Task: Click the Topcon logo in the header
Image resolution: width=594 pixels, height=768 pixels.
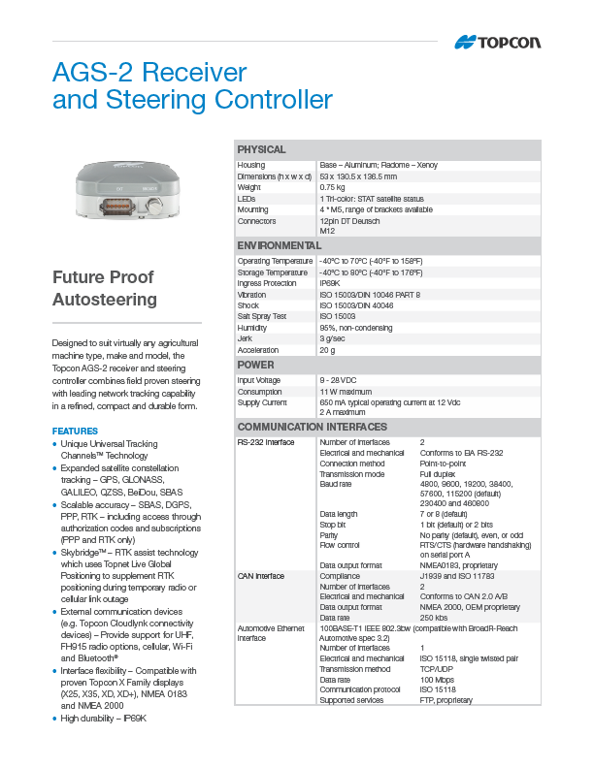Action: click(x=498, y=42)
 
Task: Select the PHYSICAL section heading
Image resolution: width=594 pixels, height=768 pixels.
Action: click(x=262, y=150)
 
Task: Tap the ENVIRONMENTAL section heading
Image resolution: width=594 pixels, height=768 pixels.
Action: click(x=280, y=245)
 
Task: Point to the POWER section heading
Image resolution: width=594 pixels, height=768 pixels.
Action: click(x=257, y=365)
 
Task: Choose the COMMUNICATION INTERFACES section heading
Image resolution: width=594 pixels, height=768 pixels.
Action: click(x=313, y=427)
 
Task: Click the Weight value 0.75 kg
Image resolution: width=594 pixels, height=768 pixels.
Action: click(x=333, y=187)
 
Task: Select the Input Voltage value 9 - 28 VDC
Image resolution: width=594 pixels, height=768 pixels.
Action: click(x=339, y=380)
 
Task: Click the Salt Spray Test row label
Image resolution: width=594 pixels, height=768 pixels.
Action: click(x=262, y=316)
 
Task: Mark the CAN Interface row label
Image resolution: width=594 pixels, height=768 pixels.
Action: click(x=261, y=576)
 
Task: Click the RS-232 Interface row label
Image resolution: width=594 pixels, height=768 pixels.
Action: click(x=266, y=442)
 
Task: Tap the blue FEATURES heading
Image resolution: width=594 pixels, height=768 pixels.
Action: click(x=75, y=431)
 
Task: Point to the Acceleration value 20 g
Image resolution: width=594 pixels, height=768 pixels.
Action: click(x=328, y=350)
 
